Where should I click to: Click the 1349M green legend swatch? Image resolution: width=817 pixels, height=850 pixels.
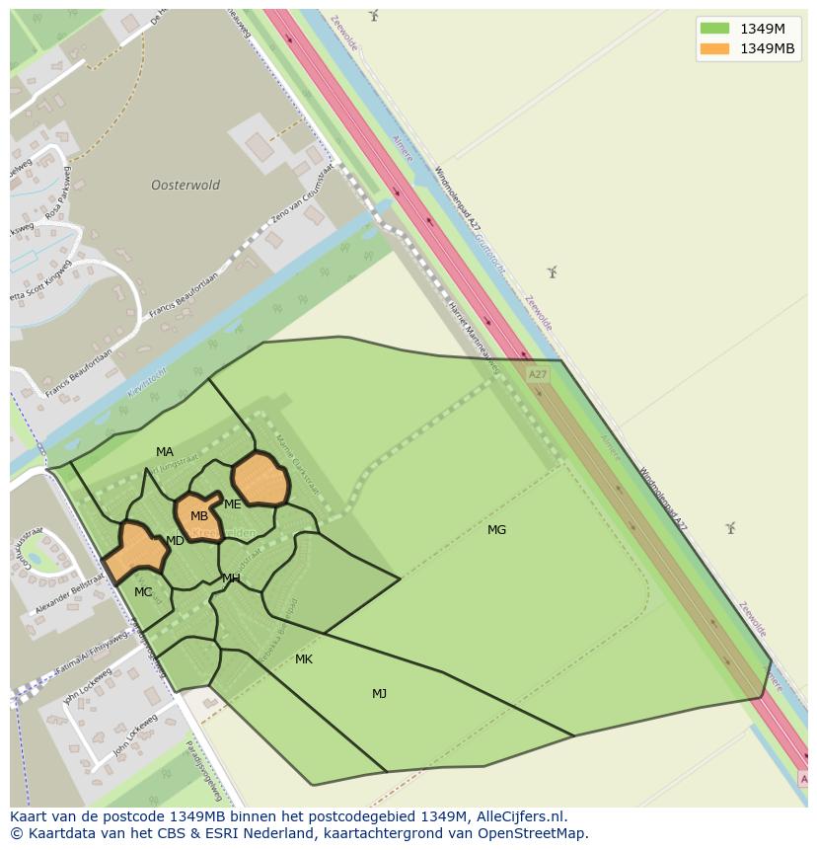click(714, 28)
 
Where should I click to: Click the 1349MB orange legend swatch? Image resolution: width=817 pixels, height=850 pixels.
click(714, 48)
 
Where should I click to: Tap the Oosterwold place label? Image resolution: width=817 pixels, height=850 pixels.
click(186, 185)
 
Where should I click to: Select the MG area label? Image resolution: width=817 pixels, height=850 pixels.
click(496, 530)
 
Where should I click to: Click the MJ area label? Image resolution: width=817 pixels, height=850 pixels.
click(379, 694)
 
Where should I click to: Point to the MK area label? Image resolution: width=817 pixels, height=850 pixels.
click(304, 658)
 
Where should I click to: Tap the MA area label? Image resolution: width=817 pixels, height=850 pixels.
click(164, 452)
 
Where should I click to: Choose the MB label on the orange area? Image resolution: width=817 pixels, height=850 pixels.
click(199, 516)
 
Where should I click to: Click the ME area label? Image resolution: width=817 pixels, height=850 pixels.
click(233, 504)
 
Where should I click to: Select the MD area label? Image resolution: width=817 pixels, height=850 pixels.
click(175, 541)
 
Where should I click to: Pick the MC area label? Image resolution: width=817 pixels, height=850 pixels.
click(143, 592)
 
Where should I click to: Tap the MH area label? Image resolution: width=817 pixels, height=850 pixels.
click(231, 579)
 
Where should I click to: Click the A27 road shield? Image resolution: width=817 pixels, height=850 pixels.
click(537, 375)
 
